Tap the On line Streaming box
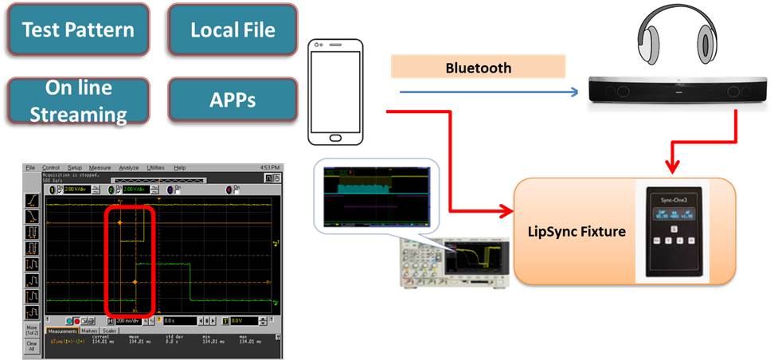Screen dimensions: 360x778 click(x=77, y=100)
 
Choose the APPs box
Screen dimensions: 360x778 click(x=233, y=100)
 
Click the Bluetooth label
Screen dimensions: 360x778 click(x=478, y=67)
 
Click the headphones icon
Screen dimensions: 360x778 click(x=674, y=38)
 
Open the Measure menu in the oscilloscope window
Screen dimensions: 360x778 click(x=100, y=168)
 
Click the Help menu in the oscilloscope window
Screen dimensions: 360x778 click(x=179, y=168)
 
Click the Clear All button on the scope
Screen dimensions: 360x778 click(x=32, y=346)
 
